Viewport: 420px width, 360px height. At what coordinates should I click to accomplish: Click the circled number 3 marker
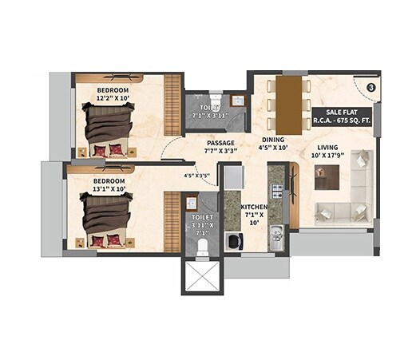[370, 87]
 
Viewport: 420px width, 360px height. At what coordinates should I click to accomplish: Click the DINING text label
[273, 139]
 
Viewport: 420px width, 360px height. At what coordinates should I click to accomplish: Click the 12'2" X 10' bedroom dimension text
[113, 99]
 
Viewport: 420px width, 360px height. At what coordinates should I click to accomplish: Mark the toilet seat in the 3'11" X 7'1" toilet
[203, 243]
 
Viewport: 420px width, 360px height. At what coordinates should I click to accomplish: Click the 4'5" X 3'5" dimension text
[196, 175]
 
